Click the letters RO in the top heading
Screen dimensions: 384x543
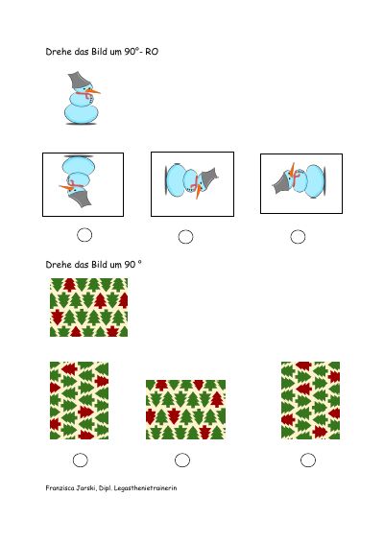coord(152,52)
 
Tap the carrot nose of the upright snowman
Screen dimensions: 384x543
coord(93,92)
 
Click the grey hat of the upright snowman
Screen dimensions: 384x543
coord(79,81)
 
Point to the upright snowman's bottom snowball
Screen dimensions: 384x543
coord(82,114)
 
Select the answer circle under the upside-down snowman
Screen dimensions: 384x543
coord(84,235)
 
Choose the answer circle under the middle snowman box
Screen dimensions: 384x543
coord(185,237)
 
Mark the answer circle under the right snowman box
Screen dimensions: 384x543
coord(298,237)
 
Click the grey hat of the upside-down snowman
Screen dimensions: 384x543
coord(82,199)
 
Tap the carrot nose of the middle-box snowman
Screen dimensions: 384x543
coord(198,192)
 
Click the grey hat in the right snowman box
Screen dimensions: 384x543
coord(282,184)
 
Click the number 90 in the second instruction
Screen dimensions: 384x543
coord(130,265)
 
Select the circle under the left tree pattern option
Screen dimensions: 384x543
coord(81,460)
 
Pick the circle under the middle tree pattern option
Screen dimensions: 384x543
coord(182,460)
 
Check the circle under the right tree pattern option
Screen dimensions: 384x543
coord(308,460)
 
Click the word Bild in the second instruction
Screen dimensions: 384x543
coord(100,265)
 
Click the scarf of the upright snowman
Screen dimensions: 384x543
coord(84,94)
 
